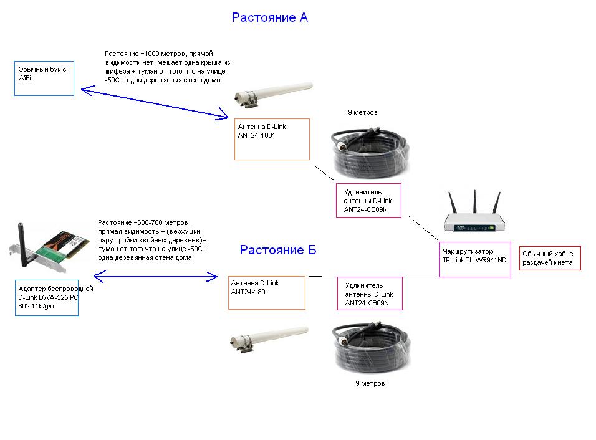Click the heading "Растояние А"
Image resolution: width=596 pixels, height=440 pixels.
click(269, 17)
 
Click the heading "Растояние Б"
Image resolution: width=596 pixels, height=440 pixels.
click(278, 251)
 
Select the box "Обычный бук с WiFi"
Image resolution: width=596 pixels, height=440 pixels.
click(44, 79)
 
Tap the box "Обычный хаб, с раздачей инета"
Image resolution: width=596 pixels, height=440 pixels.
click(550, 257)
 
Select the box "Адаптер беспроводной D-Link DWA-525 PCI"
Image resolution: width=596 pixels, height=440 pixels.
click(47, 297)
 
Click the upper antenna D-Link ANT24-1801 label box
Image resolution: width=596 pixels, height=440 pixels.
click(272, 139)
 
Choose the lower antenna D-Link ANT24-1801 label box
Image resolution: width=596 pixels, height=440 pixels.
click(267, 292)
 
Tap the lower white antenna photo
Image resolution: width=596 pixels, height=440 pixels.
click(269, 337)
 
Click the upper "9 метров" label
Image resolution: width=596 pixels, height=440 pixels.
click(362, 113)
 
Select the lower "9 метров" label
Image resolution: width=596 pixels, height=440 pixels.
click(370, 383)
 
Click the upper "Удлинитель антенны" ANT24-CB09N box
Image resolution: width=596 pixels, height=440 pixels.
click(368, 200)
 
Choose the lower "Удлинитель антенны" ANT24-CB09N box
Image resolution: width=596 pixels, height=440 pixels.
click(370, 294)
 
